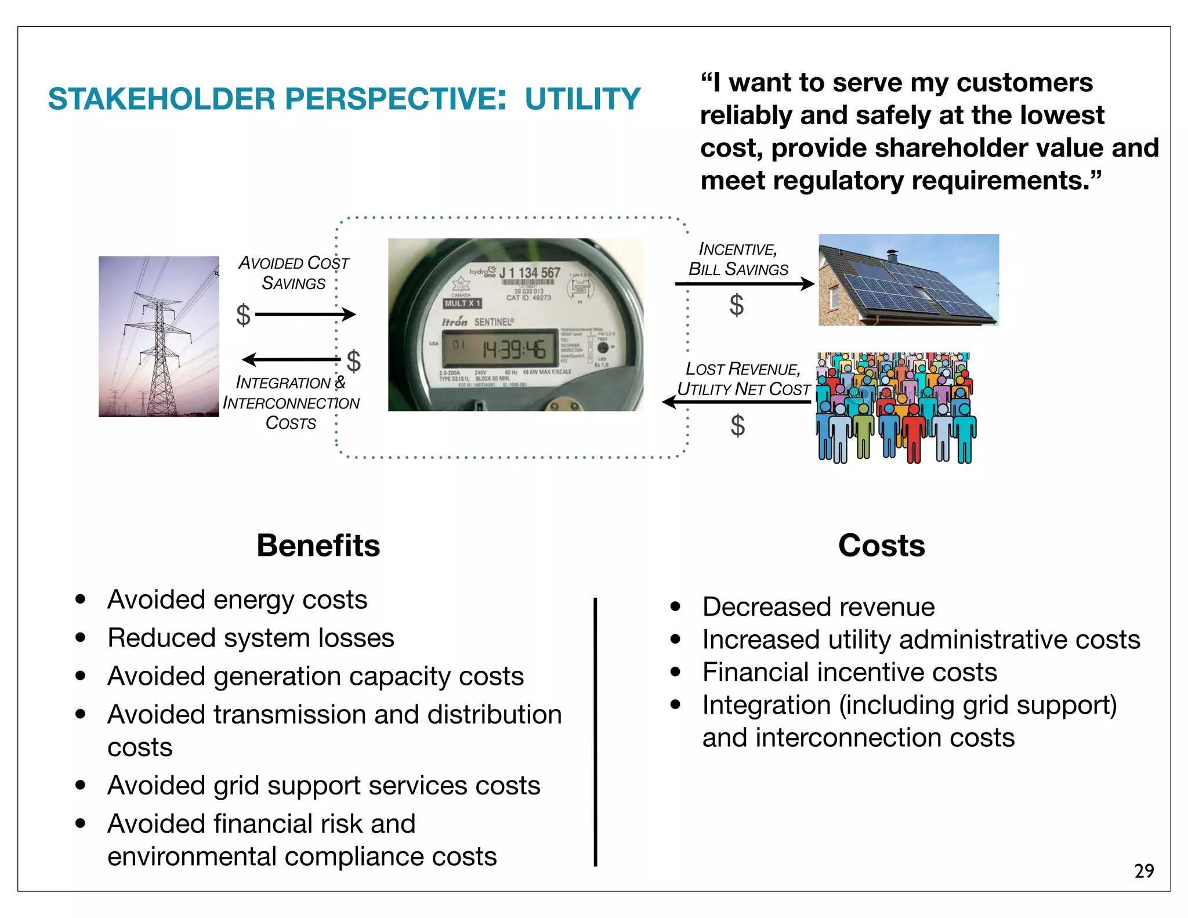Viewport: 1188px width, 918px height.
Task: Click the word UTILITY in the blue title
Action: coord(582,99)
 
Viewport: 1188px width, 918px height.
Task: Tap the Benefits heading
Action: coord(318,545)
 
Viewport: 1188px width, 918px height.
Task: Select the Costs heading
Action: coord(881,545)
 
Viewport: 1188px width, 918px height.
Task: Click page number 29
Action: coord(1144,871)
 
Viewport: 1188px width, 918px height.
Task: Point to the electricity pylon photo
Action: coord(158,337)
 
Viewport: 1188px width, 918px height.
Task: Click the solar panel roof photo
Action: coord(908,280)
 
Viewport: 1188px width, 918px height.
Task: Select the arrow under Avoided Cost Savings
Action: coord(305,315)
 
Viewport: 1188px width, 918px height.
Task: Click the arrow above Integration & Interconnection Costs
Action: coord(290,360)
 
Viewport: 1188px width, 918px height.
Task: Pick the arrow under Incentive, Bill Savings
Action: coord(745,284)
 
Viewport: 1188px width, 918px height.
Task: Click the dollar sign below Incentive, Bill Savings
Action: coord(737,305)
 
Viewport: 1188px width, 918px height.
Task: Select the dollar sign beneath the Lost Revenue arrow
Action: coord(737,425)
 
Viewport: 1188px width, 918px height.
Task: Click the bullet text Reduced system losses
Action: coord(251,638)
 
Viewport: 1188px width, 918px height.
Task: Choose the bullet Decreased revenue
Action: coord(818,607)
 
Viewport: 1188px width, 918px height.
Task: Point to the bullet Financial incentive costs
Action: coord(849,673)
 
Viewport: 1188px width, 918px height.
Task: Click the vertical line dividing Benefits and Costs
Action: coord(595,731)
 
